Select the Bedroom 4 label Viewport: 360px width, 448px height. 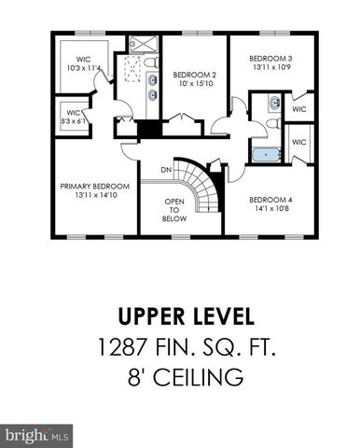(270, 199)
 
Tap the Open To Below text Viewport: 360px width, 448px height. (175, 212)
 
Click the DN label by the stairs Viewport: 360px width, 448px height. (165, 170)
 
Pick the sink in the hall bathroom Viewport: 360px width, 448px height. (274, 104)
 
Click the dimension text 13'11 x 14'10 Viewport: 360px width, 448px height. (95, 195)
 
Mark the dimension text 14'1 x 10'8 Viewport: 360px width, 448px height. (270, 208)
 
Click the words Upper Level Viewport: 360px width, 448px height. (180, 315)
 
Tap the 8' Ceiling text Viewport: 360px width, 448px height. (180, 377)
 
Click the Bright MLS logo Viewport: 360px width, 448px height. (36, 435)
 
